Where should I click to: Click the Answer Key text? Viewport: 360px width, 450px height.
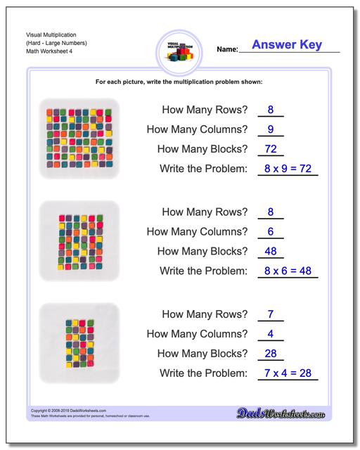[287, 45]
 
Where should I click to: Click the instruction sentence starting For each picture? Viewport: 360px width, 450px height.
[179, 82]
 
